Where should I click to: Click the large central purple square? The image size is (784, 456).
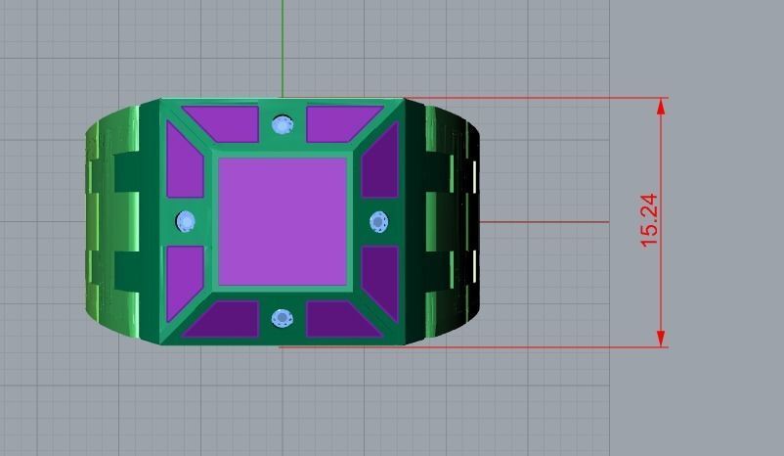coord(283,220)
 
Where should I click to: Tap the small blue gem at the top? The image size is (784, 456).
coord(283,124)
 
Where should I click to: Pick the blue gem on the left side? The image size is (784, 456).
coord(186,222)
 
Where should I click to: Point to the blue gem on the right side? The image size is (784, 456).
coord(379,222)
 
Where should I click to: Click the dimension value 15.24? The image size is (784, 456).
coord(649,220)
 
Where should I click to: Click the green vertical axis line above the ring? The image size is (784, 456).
coord(283,49)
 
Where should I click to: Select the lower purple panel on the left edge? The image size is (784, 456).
coord(184,273)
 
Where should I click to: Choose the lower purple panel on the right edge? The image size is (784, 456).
coord(381,274)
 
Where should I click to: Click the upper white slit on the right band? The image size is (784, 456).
coord(476,177)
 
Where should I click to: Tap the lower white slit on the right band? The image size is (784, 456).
coord(476,265)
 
